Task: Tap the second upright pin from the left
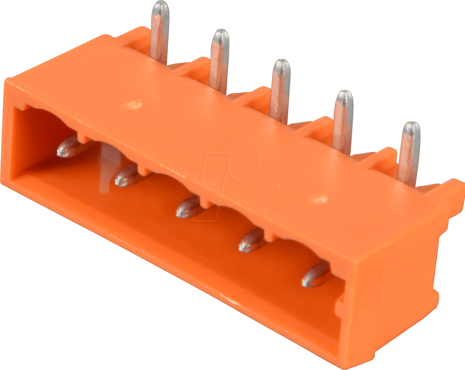click(x=219, y=60)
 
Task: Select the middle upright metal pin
click(x=280, y=90)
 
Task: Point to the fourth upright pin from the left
click(x=343, y=121)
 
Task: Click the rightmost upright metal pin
click(x=409, y=151)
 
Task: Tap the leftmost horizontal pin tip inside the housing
click(x=69, y=149)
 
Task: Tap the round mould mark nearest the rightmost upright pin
click(x=320, y=199)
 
